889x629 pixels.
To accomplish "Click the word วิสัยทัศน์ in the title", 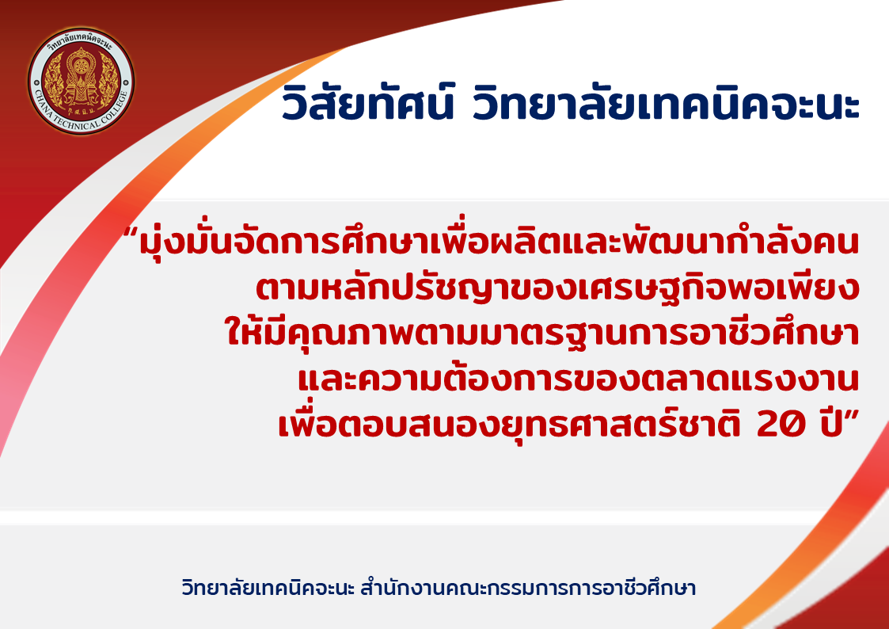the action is pyautogui.click(x=368, y=102).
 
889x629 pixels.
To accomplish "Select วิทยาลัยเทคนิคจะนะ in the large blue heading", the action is pyautogui.click(x=666, y=102).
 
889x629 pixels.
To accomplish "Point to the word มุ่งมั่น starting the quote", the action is pyautogui.click(x=180, y=242).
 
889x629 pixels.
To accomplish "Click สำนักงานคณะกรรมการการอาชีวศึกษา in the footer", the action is pyautogui.click(x=528, y=588).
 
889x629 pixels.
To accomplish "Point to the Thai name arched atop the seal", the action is pyautogui.click(x=81, y=44).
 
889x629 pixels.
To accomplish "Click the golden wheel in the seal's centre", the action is pyautogui.click(x=81, y=66).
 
